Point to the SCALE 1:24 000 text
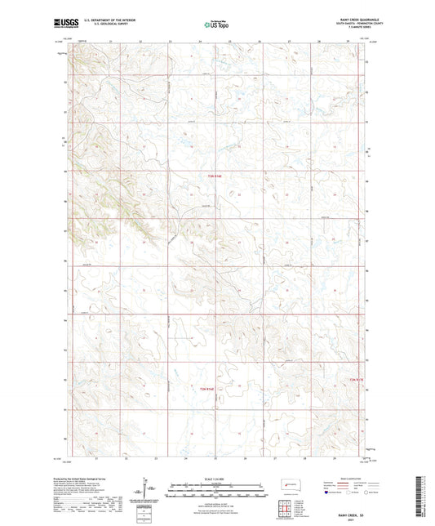[217, 478]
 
